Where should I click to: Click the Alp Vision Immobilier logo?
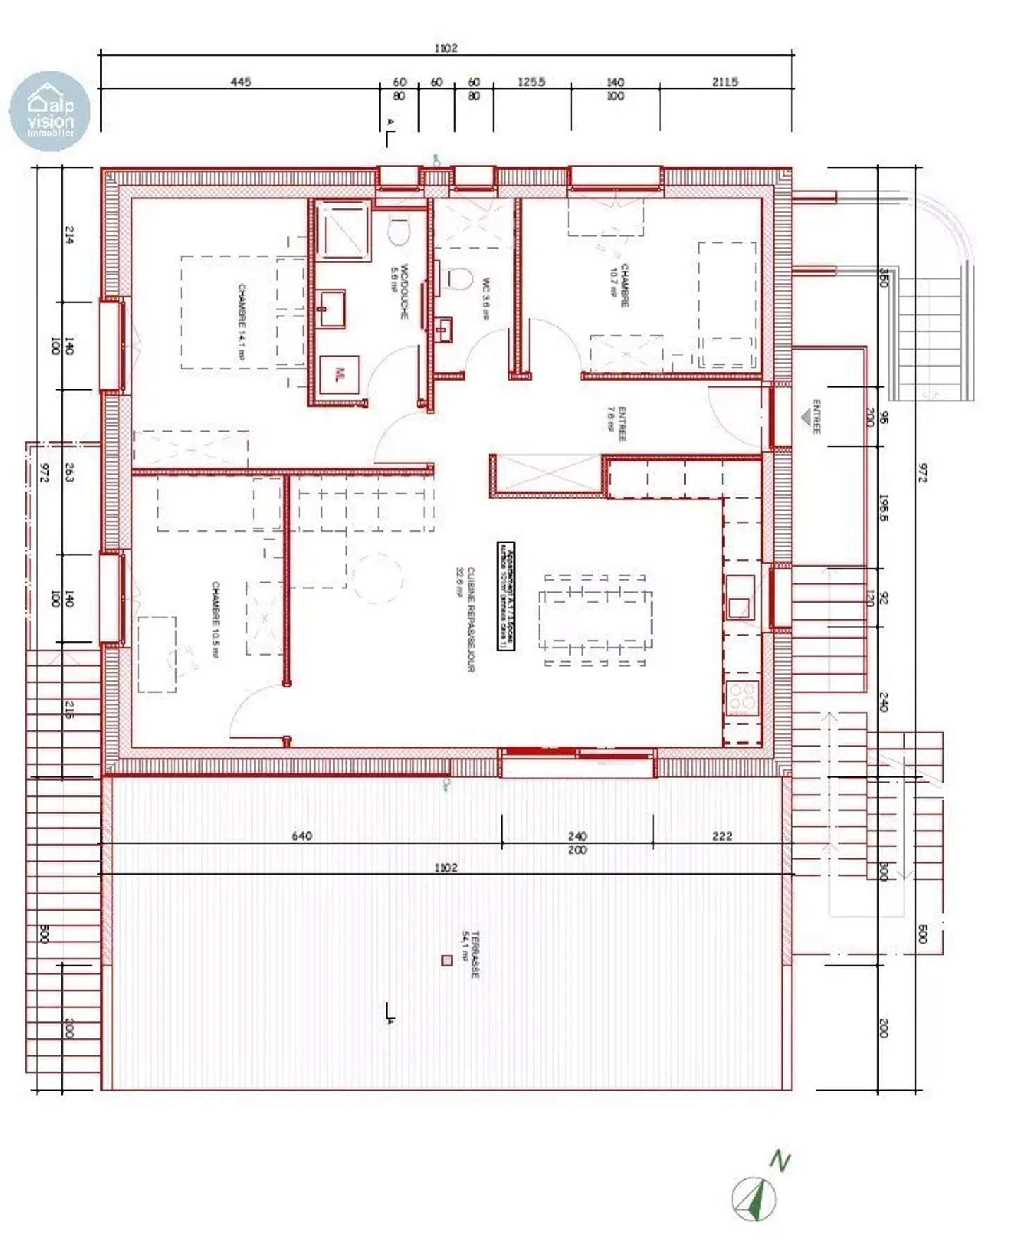[49, 112]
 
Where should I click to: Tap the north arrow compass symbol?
[755, 1198]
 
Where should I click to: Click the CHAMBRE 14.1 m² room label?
[242, 322]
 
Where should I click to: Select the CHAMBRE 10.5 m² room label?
[215, 619]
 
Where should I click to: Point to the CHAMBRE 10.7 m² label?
[619, 285]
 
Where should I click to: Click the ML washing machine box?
[340, 373]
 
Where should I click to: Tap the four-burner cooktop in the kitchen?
[742, 697]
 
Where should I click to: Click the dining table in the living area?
[595, 619]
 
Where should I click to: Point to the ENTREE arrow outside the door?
[806, 417]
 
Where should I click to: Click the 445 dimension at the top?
[241, 82]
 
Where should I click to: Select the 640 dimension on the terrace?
[302, 836]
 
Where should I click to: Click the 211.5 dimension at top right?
[725, 82]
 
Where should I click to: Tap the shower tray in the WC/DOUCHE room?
[343, 230]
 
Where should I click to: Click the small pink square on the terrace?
[446, 960]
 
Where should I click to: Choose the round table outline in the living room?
[379, 578]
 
